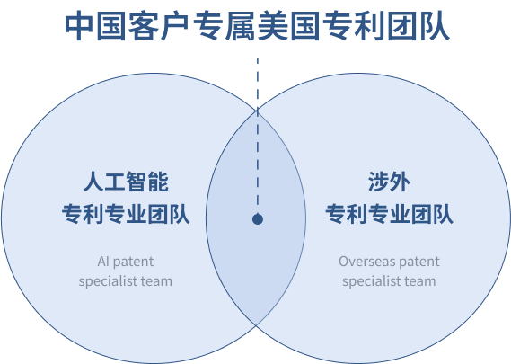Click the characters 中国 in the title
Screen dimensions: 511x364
(95, 26)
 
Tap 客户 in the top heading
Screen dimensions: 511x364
(159, 26)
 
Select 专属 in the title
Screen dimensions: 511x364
(224, 26)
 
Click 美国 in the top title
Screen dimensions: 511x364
(288, 26)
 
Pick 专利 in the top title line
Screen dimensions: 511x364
(353, 26)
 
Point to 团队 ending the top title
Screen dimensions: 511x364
(418, 26)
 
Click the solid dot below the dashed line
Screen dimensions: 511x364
(258, 219)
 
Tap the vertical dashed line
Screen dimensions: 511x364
(258, 136)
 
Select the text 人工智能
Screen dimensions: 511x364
(126, 182)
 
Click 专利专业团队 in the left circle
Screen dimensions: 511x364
(126, 214)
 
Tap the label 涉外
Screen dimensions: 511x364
(389, 182)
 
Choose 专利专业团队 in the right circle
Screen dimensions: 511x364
(389, 214)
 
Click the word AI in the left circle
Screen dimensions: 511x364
(103, 262)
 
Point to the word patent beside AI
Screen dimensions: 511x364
(134, 262)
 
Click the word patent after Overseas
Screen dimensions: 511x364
(419, 262)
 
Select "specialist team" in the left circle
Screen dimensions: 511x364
(126, 281)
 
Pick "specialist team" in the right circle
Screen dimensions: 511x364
(389, 281)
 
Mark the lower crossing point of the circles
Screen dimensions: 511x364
(257, 325)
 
